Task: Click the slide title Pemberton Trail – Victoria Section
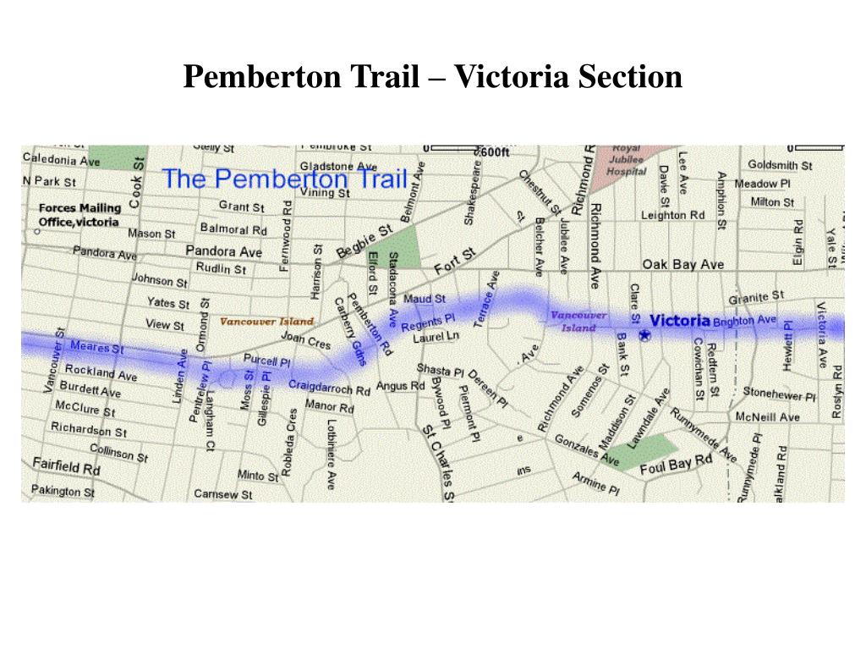(x=433, y=77)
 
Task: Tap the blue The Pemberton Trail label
(x=285, y=179)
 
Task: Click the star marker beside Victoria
(x=644, y=335)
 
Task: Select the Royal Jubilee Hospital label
(x=627, y=159)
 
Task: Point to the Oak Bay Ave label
(x=683, y=265)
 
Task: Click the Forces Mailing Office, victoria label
(x=79, y=215)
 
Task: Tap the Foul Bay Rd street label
(x=676, y=465)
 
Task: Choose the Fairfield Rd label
(x=67, y=465)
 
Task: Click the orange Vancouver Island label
(x=266, y=322)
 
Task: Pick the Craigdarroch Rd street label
(x=329, y=388)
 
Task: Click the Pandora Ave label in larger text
(x=224, y=251)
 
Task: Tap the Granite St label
(x=757, y=297)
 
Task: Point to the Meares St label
(x=96, y=347)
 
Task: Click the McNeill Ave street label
(x=767, y=417)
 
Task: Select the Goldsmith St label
(x=780, y=165)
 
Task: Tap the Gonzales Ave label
(x=587, y=450)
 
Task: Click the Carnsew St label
(x=223, y=494)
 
